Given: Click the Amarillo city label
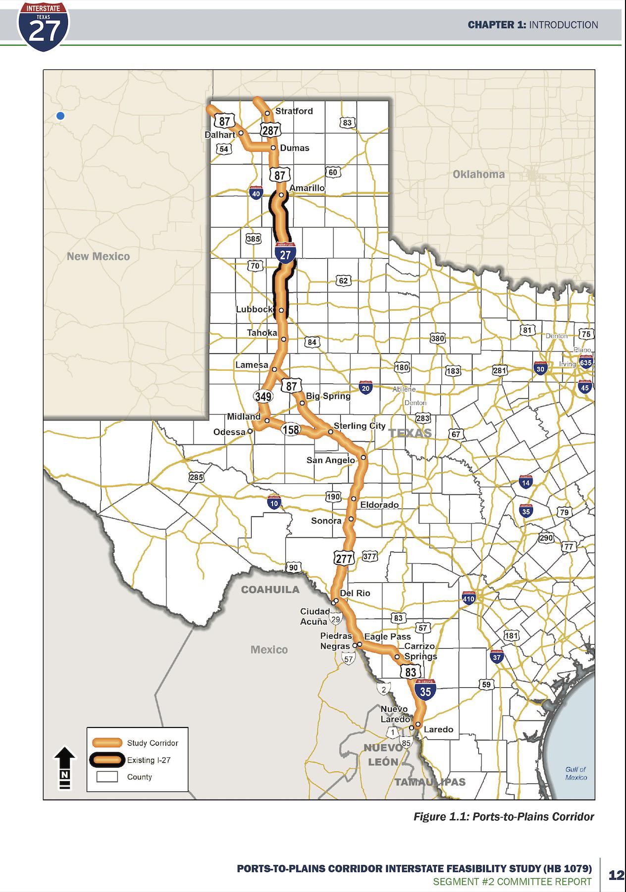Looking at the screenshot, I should (x=307, y=188).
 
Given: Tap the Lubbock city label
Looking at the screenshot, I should (x=254, y=309).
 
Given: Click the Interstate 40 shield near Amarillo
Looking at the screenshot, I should (x=256, y=193).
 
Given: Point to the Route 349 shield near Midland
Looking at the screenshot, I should (x=263, y=396).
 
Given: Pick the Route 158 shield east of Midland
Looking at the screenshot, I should (x=291, y=429).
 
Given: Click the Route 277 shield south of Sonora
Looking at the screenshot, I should (x=344, y=558).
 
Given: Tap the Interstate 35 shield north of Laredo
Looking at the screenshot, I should (x=425, y=690).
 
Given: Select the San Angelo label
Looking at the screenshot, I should (x=330, y=460).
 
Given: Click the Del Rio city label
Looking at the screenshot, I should (x=355, y=593).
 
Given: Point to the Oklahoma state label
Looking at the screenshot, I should (x=478, y=174).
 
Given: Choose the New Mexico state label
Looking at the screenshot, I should (x=98, y=256).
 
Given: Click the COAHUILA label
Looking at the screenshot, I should (x=270, y=590).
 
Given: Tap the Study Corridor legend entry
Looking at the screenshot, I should (x=152, y=743).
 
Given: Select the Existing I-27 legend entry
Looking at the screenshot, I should (x=149, y=760).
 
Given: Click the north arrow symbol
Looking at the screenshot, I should (x=65, y=767).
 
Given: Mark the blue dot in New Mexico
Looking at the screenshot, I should (x=60, y=116).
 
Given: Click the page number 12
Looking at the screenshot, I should (x=616, y=875).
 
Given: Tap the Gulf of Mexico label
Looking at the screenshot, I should (x=575, y=773).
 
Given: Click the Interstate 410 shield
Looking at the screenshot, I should (x=469, y=598).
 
